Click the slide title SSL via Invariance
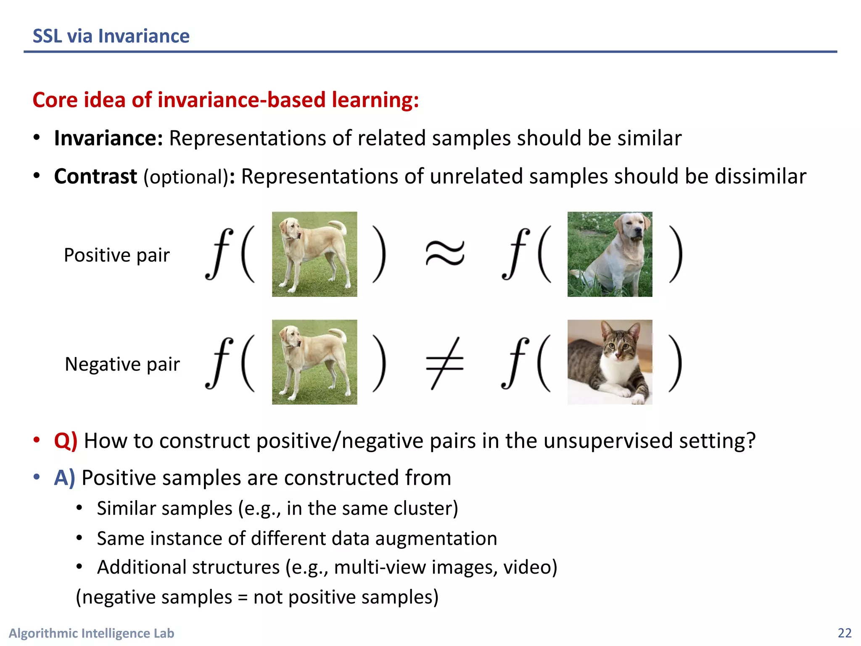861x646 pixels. [111, 36]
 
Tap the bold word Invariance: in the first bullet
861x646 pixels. [108, 138]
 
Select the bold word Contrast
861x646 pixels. [95, 177]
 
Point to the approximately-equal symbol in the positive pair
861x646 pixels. [445, 254]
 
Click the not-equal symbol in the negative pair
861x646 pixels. [445, 363]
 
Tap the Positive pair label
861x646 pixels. [117, 255]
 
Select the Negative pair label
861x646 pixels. [122, 364]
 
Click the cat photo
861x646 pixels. [610, 362]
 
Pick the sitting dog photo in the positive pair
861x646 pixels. [610, 254]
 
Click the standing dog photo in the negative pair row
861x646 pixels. [314, 362]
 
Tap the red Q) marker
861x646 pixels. [66, 441]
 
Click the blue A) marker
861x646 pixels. [64, 478]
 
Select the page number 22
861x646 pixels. [844, 633]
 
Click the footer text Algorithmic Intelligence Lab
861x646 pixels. [92, 633]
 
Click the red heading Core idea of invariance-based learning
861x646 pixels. [226, 100]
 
